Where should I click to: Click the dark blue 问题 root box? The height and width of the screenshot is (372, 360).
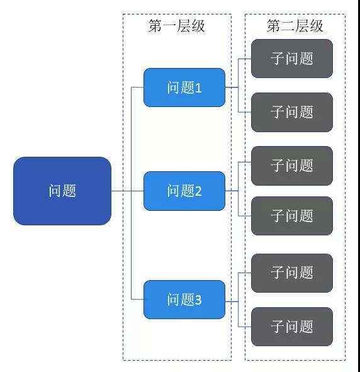tap(62, 191)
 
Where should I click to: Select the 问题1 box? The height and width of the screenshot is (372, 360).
tap(184, 87)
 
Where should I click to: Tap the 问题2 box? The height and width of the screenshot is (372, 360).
tap(184, 191)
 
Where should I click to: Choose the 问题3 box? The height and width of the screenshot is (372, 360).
tap(184, 300)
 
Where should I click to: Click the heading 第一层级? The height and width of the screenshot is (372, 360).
tap(177, 26)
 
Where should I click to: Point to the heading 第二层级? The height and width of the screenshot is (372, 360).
tap(295, 26)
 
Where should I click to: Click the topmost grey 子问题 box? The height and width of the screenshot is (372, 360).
tap(292, 59)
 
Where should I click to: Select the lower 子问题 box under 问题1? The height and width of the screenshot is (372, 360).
tap(292, 112)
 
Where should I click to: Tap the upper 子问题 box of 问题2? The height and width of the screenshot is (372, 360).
tap(292, 166)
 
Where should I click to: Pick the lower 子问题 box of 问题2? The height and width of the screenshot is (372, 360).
tap(292, 216)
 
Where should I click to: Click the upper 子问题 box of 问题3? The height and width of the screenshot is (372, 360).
tap(292, 273)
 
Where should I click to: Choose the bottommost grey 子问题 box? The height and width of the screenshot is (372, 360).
tap(292, 327)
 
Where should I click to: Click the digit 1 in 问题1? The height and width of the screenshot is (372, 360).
tap(198, 88)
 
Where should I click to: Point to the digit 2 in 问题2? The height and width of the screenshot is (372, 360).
tap(198, 191)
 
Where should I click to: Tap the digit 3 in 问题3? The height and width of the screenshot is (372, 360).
tap(198, 300)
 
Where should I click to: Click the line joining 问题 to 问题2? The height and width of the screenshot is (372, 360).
tap(127, 191)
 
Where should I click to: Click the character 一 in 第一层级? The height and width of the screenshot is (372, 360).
tap(169, 26)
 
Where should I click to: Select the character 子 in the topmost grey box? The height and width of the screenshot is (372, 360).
tap(278, 59)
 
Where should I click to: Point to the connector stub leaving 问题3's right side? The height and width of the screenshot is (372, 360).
tap(232, 302)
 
